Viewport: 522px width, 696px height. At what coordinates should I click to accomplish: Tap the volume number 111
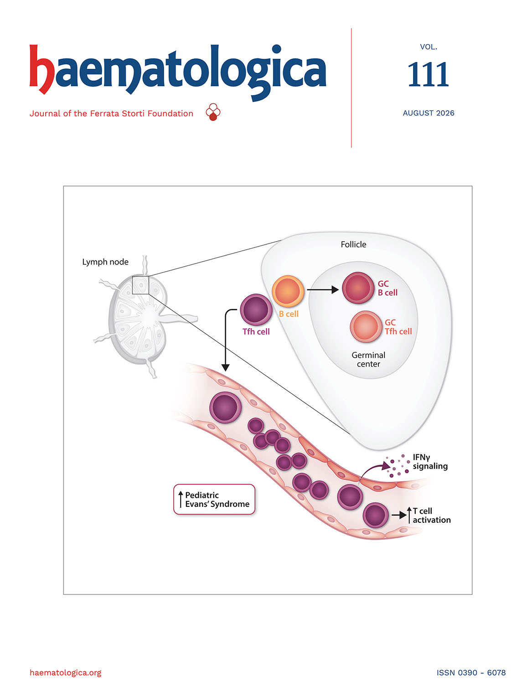[428, 74]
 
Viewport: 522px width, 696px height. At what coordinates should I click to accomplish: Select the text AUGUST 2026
[428, 113]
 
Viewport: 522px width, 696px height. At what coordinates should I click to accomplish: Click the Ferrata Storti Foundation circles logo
[213, 112]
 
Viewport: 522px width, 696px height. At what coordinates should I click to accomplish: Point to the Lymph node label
[105, 262]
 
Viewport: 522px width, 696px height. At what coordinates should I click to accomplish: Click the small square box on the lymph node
[140, 285]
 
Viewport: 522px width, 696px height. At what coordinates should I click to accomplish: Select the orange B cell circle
[288, 291]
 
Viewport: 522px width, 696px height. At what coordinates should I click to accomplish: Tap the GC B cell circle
[358, 288]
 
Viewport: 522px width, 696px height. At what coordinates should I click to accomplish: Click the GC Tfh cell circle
[366, 327]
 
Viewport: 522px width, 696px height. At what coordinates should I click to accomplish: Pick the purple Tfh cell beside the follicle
[256, 310]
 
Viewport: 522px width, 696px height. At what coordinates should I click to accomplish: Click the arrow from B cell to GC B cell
[323, 289]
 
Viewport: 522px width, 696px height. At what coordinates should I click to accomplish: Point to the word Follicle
[353, 244]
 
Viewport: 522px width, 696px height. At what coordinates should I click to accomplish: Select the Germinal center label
[368, 360]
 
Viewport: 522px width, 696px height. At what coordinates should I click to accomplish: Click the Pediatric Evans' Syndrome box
[214, 500]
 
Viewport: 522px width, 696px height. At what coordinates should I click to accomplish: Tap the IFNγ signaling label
[430, 462]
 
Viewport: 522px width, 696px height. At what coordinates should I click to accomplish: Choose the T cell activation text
[431, 515]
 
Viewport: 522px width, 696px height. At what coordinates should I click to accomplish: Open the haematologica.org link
[65, 673]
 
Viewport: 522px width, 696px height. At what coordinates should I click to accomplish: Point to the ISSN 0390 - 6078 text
[471, 673]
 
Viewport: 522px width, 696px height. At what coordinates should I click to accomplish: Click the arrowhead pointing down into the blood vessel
[225, 367]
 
